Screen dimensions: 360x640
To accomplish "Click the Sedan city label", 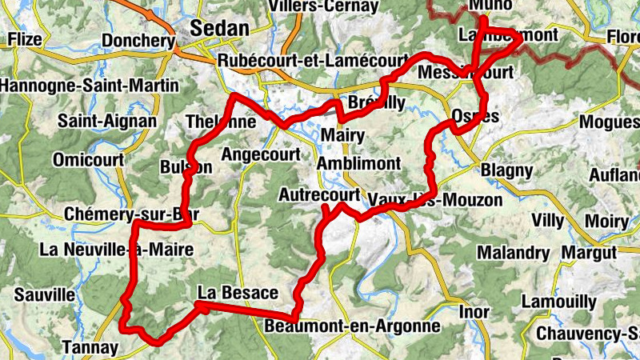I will click(219, 29).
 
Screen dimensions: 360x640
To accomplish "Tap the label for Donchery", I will click(138, 41).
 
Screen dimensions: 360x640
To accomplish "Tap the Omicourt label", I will click(88, 160).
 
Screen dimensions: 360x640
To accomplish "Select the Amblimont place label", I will click(358, 163).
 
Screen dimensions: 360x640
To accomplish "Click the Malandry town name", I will click(514, 254).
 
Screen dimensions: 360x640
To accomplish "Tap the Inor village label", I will click(473, 310).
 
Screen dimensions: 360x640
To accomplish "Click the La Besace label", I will click(238, 292).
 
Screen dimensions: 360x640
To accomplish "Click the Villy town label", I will click(548, 220).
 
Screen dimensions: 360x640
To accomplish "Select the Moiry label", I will click(606, 220).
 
